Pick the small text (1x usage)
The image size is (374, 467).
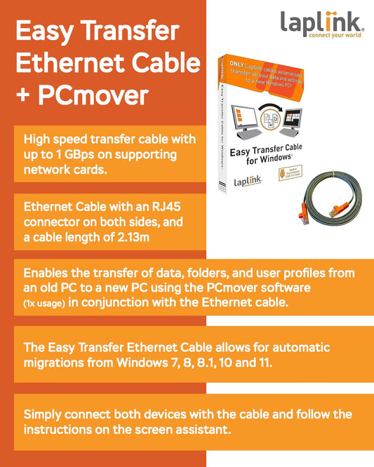pyautogui.click(x=44, y=302)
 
